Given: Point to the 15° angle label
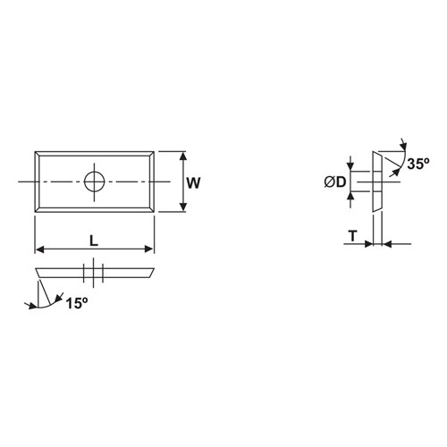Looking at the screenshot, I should [77, 304].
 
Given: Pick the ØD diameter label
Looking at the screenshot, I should [335, 182].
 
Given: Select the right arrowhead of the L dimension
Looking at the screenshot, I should [150, 249].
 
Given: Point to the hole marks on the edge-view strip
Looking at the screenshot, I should [95, 270].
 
